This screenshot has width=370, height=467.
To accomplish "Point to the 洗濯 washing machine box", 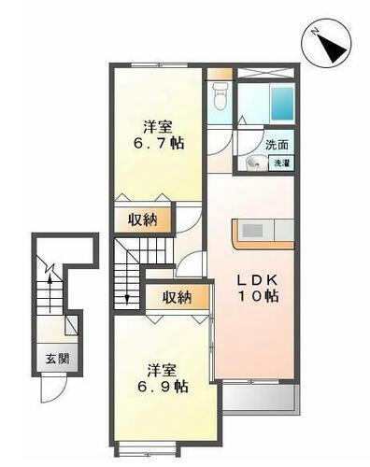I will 280,163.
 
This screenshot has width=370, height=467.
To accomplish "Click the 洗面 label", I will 277,145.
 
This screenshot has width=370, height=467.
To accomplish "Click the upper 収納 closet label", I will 144,219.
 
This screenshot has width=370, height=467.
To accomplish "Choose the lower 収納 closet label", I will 177,298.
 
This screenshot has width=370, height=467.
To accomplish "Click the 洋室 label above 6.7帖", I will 157,126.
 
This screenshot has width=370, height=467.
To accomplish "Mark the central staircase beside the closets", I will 128,272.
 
